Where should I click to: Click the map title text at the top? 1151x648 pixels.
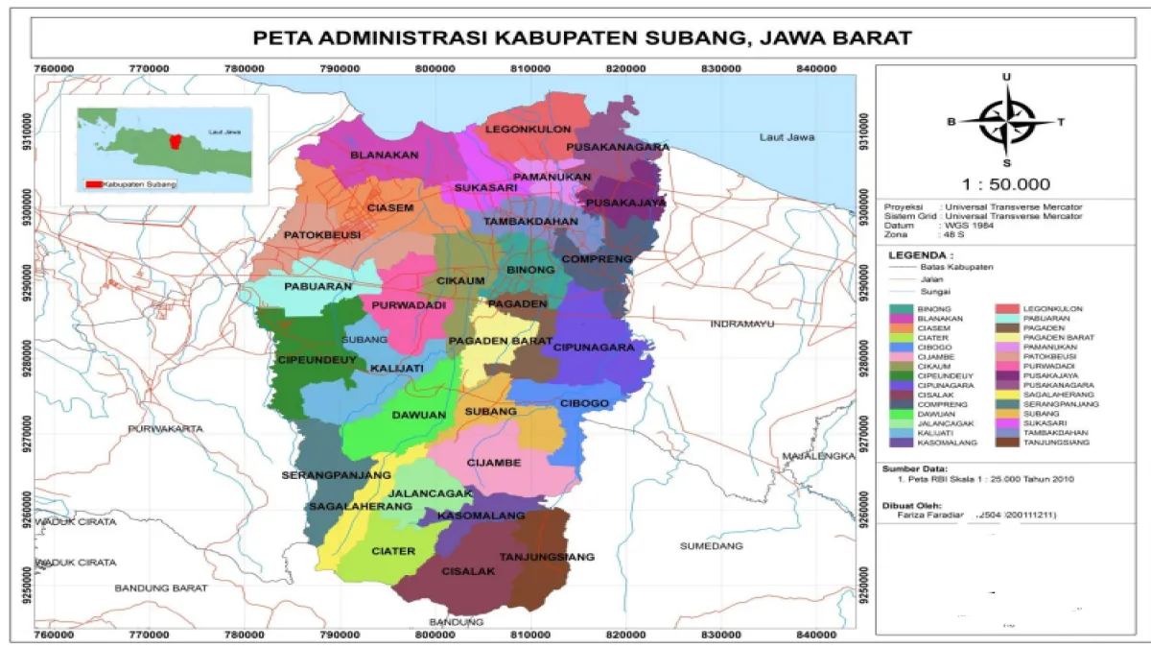coord(580,38)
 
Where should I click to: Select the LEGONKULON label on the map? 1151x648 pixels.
coord(529,129)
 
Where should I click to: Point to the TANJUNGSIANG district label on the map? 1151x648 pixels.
coord(547,557)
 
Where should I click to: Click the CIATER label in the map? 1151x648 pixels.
coord(393,551)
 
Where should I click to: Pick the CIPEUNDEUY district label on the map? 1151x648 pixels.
coord(303,360)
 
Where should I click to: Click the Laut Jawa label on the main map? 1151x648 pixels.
coord(787,137)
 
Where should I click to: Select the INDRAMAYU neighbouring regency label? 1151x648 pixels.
coord(741,324)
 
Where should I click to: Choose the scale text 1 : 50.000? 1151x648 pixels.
coord(1005,184)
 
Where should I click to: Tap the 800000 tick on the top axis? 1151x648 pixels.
coord(435,68)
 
